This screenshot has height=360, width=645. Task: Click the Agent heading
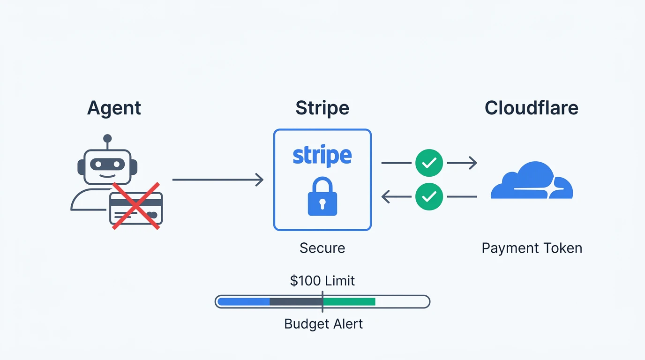[114, 109]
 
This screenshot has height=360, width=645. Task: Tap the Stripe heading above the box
[322, 109]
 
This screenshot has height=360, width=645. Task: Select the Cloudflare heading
[532, 108]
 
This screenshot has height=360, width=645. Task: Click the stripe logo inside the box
[322, 156]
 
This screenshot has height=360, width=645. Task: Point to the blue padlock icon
[322, 196]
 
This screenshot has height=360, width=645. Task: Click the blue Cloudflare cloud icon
[532, 180]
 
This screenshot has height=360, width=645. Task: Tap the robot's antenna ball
[107, 138]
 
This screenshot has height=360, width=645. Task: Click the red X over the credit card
[136, 206]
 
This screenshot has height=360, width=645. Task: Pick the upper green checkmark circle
[429, 163]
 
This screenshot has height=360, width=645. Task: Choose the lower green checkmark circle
[429, 197]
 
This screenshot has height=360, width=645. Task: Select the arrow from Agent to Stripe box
[217, 180]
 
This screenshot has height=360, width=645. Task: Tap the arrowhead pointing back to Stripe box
[386, 197]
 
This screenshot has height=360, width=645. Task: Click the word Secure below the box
[322, 248]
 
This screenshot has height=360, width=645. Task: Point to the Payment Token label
[532, 248]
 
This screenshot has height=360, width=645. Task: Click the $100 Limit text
[322, 280]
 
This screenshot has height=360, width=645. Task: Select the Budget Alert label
[323, 324]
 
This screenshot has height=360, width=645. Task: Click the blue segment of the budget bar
[244, 302]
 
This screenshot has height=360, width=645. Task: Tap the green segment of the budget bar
[349, 302]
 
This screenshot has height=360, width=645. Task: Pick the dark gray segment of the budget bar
[296, 302]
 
